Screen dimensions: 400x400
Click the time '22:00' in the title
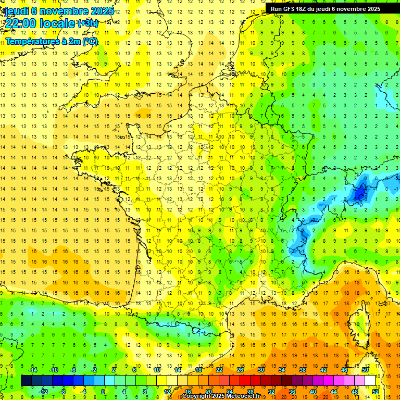point(21,23)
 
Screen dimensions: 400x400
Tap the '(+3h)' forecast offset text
point(87,23)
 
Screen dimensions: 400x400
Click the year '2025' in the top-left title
point(102,11)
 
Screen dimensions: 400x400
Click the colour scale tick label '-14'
point(32,370)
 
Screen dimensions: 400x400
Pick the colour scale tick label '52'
point(376,392)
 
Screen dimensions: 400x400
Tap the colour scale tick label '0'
point(103,392)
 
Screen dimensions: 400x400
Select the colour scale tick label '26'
point(240,370)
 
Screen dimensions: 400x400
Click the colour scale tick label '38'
point(303,370)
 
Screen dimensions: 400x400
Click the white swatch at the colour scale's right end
point(370,381)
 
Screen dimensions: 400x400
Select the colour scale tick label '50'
point(365,370)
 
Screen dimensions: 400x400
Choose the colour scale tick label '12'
point(167,392)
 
